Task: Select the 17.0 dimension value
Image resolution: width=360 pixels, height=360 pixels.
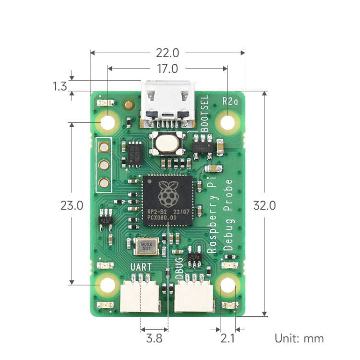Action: coord(168,69)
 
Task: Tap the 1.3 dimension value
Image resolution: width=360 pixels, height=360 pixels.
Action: coord(60,86)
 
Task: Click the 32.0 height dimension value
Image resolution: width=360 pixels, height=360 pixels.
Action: coord(264,205)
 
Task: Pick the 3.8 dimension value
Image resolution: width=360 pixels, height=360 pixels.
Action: coord(154,338)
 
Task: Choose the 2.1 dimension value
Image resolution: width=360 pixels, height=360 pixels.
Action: coord(227,338)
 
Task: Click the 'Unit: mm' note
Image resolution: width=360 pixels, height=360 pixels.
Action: coord(299,338)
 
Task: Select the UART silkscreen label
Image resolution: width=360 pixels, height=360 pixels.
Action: coord(141,267)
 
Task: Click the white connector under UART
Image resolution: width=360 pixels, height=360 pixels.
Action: coord(140,296)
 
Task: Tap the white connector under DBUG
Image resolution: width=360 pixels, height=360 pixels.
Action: coord(194,296)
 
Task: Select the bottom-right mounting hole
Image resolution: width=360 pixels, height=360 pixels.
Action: coord(228,287)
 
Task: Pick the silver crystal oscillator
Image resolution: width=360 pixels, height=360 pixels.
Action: coord(146,247)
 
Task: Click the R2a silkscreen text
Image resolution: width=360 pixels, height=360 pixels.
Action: coord(230,101)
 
